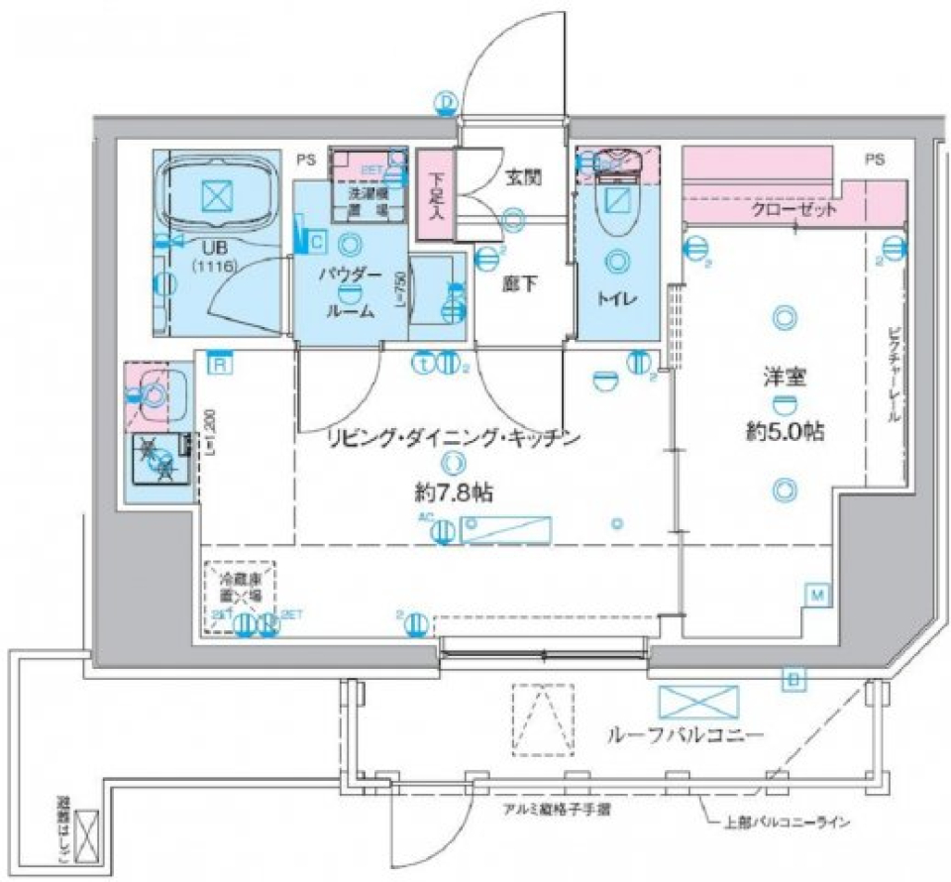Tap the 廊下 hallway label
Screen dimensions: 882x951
(x=519, y=282)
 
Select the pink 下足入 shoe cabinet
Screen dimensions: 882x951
(x=433, y=193)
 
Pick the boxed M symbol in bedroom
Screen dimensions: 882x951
(x=817, y=595)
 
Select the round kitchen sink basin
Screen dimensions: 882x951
(x=155, y=395)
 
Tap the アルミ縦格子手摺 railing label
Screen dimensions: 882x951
(x=556, y=810)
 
